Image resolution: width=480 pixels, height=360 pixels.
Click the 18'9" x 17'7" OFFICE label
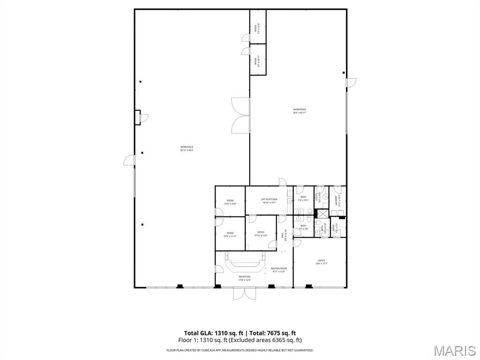click(321, 262)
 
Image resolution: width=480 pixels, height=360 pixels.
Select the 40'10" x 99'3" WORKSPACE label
click(187, 149)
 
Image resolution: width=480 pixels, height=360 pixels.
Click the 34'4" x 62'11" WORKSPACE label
click(300, 111)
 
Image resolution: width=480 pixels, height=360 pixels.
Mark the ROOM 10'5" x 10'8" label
click(230, 202)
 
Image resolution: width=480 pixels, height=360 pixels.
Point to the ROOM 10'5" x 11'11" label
click(230, 234)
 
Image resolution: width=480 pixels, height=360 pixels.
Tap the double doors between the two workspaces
click(240, 115)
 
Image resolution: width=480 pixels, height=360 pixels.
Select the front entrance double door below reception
click(245, 293)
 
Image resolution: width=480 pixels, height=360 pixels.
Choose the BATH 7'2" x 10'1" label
click(303, 199)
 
